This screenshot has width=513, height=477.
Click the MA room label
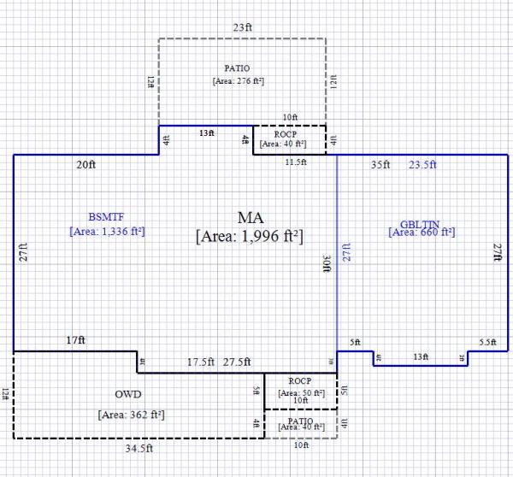[x=250, y=215]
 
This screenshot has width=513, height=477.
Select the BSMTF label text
[x=107, y=215]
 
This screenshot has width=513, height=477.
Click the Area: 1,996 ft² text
[x=250, y=234]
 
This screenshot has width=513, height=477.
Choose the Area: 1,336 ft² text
[x=107, y=230]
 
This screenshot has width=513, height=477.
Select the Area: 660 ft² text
[x=422, y=232]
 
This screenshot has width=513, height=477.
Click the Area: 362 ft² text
[x=131, y=415]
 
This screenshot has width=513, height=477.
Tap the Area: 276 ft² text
[x=238, y=81]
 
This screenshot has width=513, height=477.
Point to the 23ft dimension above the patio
[x=243, y=27]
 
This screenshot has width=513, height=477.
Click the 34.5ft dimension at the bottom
[x=138, y=448]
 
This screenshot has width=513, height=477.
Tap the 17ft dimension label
[x=75, y=340]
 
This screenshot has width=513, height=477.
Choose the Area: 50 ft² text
[x=300, y=392]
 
